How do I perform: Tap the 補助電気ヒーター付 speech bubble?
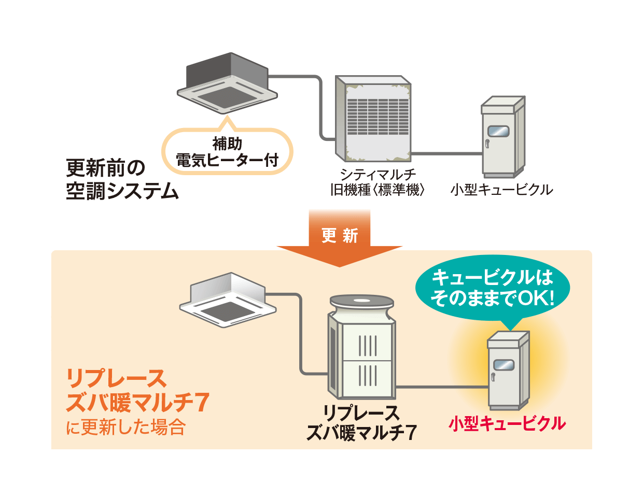(227, 151)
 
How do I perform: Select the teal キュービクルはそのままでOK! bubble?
(492, 288)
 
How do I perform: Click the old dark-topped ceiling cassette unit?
(227, 83)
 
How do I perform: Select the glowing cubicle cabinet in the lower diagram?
(508, 371)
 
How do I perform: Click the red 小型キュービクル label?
(507, 424)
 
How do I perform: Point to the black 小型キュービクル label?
(501, 190)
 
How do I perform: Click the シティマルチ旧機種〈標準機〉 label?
(378, 182)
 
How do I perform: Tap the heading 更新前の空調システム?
(122, 179)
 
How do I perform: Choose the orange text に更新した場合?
(125, 428)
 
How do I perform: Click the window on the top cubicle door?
(498, 131)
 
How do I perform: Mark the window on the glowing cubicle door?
(504, 364)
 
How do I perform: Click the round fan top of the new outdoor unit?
(361, 301)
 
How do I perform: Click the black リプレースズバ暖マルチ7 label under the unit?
(361, 423)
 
